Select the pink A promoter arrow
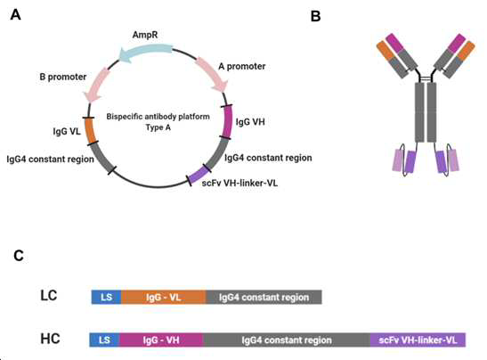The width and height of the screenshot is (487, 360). click(x=213, y=73)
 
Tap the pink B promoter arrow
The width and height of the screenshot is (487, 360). click(x=97, y=85)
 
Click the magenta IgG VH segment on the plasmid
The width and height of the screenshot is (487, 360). click(x=228, y=121)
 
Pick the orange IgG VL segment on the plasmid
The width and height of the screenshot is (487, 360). click(x=90, y=131)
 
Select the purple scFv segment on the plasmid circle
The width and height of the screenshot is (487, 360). click(x=199, y=175)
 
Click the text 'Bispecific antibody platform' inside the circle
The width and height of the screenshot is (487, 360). click(x=158, y=117)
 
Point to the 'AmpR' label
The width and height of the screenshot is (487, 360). click(x=145, y=35)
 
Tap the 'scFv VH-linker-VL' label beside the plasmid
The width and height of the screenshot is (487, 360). click(x=239, y=183)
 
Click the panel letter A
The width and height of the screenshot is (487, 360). click(x=15, y=14)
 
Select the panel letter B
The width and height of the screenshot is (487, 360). click(x=315, y=16)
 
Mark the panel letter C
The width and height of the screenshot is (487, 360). click(x=19, y=256)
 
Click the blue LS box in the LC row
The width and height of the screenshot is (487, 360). click(x=106, y=298)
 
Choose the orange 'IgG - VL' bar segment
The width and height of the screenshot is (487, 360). click(x=164, y=298)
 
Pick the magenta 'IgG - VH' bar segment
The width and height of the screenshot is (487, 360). click(x=161, y=340)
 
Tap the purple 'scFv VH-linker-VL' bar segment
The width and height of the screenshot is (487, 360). click(x=418, y=340)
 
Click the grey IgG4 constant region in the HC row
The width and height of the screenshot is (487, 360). click(x=287, y=340)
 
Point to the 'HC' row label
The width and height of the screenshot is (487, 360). click(x=50, y=339)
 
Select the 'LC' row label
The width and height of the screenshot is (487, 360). click(x=49, y=295)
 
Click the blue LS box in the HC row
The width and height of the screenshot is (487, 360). click(x=104, y=340)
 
